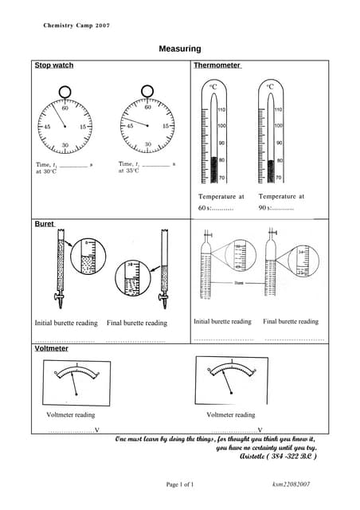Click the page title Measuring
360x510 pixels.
click(179, 49)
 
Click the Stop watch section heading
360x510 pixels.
click(54, 65)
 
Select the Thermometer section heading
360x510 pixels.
click(217, 65)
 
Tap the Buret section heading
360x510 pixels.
click(44, 225)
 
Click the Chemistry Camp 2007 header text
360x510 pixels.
click(76, 25)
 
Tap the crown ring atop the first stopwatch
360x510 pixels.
click(65, 92)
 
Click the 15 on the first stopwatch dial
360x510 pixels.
click(83, 127)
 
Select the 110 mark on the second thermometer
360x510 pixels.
click(278, 109)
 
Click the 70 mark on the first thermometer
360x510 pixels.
click(221, 177)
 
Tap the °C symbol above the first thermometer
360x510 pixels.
click(213, 86)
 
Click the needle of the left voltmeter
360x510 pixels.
click(74, 383)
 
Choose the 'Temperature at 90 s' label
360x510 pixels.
click(280, 202)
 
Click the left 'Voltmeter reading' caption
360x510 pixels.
click(71, 414)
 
